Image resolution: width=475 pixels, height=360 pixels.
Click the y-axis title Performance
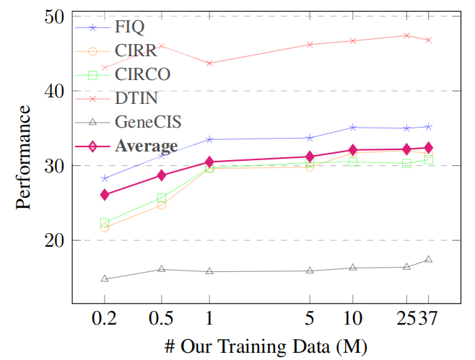23,157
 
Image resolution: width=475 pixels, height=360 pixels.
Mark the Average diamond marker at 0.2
105,195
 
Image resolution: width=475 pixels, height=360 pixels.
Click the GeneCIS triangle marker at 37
428,259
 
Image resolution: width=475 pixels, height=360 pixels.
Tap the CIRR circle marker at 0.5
161,205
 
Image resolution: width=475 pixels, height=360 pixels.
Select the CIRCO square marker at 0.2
105,223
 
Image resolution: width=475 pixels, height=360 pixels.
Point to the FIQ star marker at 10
352,128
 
